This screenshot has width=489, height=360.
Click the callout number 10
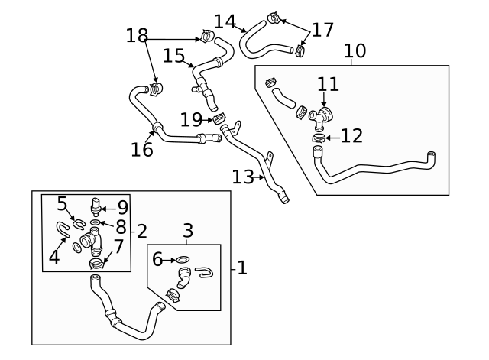[x=355, y=51]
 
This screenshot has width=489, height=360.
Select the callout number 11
[x=328, y=83]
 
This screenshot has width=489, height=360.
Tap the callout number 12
[x=351, y=136]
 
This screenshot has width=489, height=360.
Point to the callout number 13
[x=242, y=177]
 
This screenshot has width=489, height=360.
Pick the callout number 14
[x=224, y=21]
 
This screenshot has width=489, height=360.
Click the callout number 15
[x=174, y=55]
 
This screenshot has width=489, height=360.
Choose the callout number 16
[x=142, y=149]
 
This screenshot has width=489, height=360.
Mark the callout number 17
[x=323, y=30]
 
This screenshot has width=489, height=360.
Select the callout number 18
[x=137, y=36]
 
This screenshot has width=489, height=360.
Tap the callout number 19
[x=190, y=119]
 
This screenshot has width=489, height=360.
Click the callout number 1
[x=241, y=268]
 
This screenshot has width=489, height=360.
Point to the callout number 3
[x=188, y=229]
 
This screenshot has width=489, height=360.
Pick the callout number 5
[x=63, y=203]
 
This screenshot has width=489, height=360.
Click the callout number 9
[x=122, y=206]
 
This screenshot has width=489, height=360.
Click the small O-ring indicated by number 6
[x=183, y=261]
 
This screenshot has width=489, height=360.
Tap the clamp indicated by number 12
[x=319, y=138]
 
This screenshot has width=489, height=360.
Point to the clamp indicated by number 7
[x=96, y=264]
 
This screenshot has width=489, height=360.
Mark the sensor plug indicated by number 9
[x=96, y=206]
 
